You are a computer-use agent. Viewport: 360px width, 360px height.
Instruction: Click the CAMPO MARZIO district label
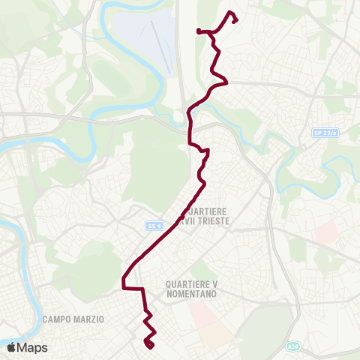(x=73, y=319)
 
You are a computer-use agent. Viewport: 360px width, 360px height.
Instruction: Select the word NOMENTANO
(x=191, y=295)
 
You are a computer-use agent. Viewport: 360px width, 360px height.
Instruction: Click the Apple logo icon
(x=11, y=347)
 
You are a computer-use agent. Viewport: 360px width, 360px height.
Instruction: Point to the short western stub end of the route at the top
(x=198, y=31)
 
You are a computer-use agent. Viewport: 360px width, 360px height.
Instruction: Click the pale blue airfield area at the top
(x=146, y=37)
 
